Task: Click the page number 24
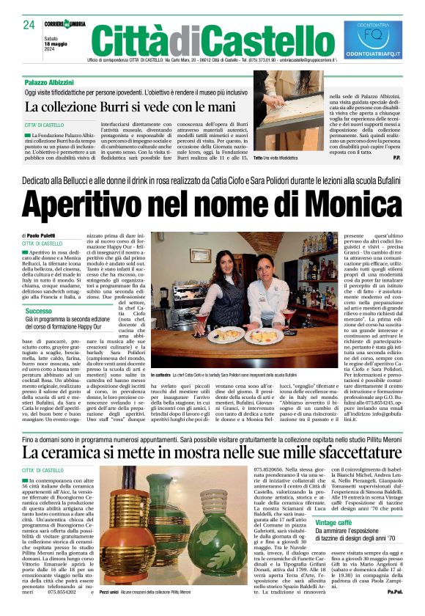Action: [29, 25]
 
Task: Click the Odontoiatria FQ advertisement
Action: [373, 39]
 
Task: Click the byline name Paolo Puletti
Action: [51, 235]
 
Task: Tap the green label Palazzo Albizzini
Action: [53, 82]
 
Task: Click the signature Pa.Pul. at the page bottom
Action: [395, 610]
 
